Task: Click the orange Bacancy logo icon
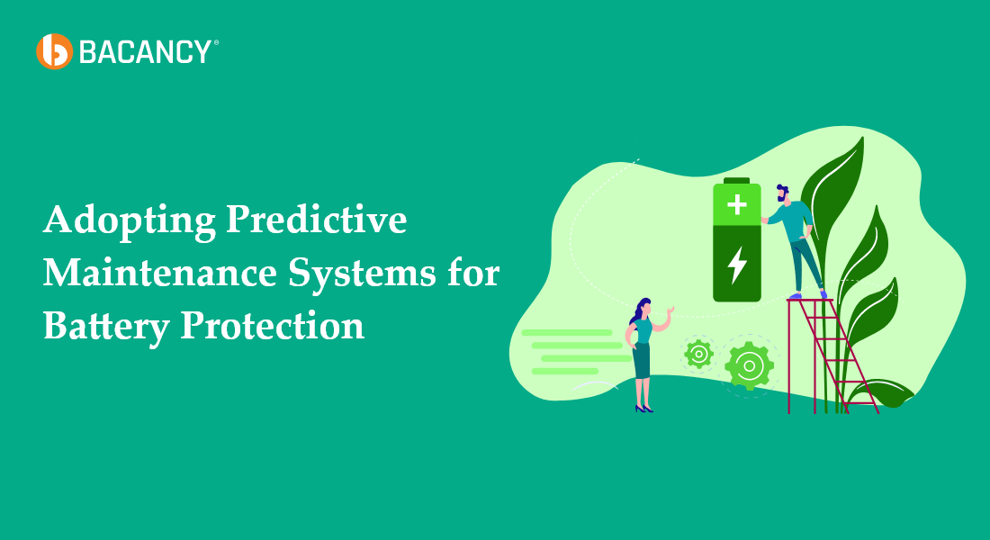[x=53, y=51]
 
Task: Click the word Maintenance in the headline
[x=157, y=273]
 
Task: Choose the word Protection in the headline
[x=273, y=325]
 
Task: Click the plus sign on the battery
[x=737, y=204]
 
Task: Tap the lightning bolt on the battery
[x=737, y=264]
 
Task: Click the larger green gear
[x=749, y=365]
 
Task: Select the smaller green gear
[x=698, y=354]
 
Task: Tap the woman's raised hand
[x=670, y=310]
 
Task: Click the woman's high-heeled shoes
[x=643, y=409]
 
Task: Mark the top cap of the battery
[x=737, y=180]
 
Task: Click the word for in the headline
[x=471, y=273]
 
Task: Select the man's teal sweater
[x=793, y=220]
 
